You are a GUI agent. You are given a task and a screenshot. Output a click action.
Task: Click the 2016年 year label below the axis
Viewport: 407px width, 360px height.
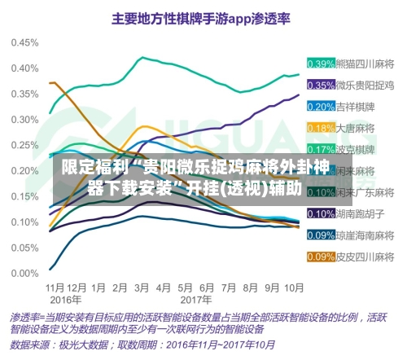[x=59, y=298]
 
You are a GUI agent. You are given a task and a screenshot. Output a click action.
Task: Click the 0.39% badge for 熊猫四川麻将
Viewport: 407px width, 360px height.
[x=321, y=64]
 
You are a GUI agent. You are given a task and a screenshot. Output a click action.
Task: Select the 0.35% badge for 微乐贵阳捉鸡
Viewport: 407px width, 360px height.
[x=321, y=85]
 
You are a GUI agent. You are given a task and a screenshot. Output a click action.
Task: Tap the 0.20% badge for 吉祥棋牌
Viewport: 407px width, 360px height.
[x=321, y=106]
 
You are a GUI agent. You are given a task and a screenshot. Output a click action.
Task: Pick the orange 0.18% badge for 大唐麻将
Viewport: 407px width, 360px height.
[x=321, y=128]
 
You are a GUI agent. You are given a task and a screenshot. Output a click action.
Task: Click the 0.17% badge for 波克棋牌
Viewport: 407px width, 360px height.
[x=321, y=149]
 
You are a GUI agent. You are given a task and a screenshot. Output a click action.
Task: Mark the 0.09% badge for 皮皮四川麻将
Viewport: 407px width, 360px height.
[x=321, y=257]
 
